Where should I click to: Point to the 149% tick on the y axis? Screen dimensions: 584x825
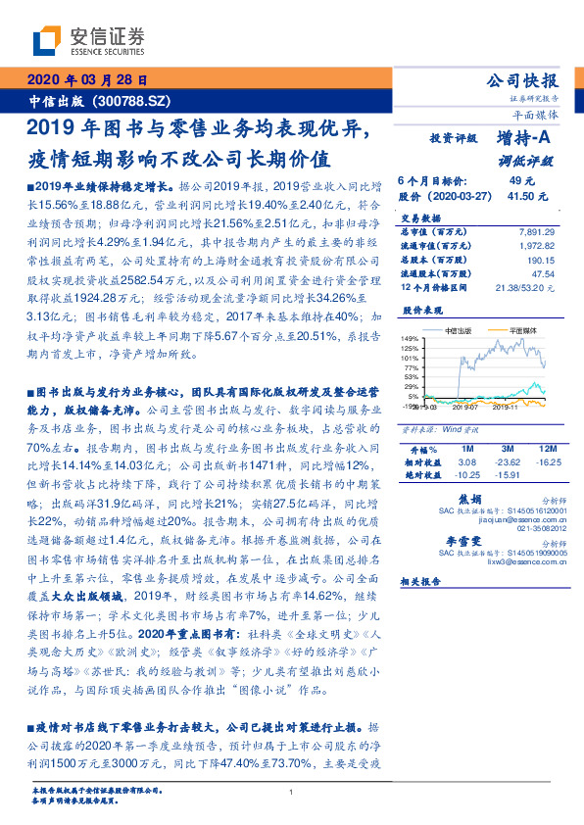(x=410, y=339)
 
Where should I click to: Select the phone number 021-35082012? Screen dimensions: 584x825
(x=520, y=529)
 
